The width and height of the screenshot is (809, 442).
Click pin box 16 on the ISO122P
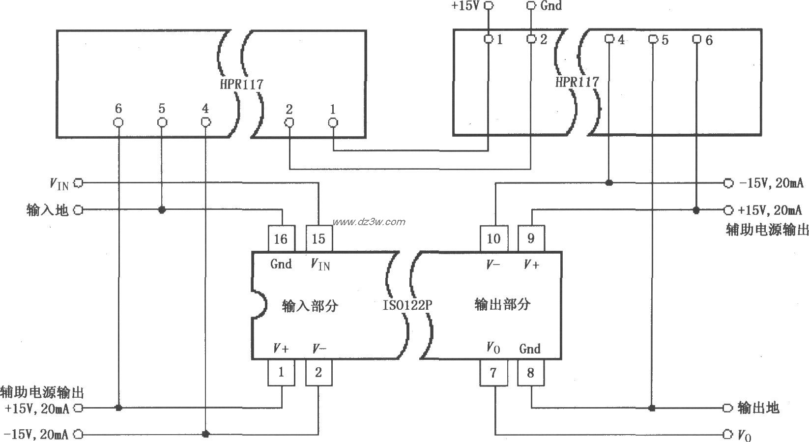point(281,239)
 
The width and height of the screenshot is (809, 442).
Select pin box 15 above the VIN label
point(318,239)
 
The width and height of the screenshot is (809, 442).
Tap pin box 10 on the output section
point(493,238)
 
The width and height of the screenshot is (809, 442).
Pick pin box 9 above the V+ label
point(531,238)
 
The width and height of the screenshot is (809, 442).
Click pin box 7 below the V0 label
point(493,373)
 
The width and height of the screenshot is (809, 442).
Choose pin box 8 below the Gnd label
point(531,373)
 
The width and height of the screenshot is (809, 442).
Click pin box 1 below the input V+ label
point(281,372)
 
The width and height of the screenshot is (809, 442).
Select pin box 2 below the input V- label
point(318,372)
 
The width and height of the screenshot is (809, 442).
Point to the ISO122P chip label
point(407,305)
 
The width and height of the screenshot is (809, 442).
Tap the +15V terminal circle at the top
point(489,5)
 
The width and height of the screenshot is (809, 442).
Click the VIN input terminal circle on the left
point(79,183)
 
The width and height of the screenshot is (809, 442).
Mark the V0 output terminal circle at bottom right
point(728,434)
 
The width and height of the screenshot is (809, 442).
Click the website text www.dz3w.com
point(369,222)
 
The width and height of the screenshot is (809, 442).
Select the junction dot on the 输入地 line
point(162,210)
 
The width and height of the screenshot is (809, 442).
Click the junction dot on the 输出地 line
point(652,408)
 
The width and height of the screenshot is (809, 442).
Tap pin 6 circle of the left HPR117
point(118,122)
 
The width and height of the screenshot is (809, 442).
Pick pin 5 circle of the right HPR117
point(653,39)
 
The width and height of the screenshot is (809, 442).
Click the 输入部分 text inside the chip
point(310,306)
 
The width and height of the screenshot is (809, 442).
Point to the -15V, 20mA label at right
point(771,183)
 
